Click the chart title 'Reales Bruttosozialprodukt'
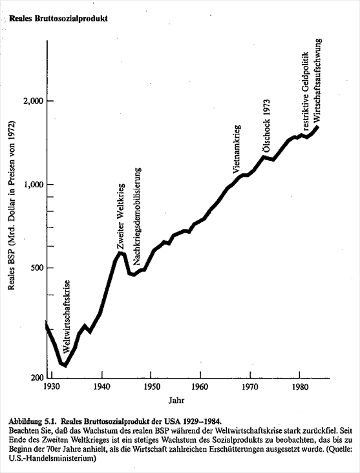coord(58,18)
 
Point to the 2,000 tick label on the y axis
coord(33,101)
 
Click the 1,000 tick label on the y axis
coord(34,185)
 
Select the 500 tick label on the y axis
coord(37,268)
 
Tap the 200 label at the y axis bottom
coord(37,377)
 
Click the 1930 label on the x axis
coord(52,386)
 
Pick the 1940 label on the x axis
coord(102,386)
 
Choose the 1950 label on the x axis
coord(152,386)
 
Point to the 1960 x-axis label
coord(200,386)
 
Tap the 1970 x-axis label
coord(250,386)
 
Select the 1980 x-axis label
coord(300,386)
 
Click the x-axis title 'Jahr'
coord(176,400)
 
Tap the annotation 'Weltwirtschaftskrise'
coord(67,316)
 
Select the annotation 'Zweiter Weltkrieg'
coord(120,216)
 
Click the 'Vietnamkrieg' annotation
coord(237,149)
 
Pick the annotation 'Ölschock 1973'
coord(266,126)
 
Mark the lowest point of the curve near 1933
coord(65,366)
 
